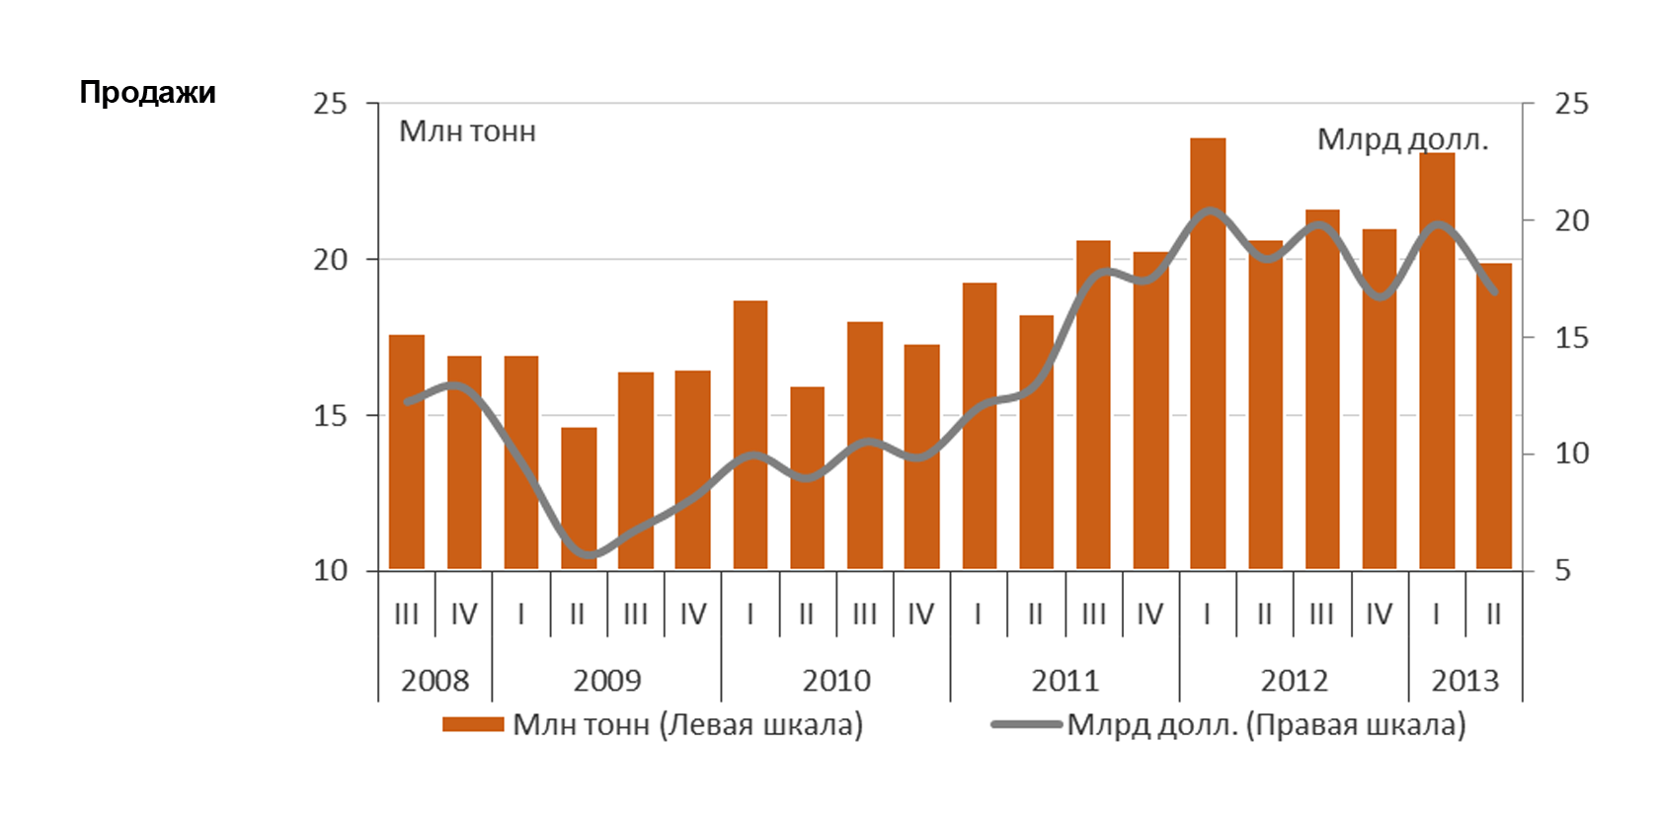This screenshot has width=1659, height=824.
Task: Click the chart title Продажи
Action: click(147, 93)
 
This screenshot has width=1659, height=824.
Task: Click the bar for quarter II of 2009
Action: click(579, 498)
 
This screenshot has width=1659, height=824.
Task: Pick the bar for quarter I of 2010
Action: click(750, 435)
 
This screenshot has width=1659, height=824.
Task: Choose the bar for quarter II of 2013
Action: click(1494, 416)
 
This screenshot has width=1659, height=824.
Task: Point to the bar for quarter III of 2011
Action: click(1093, 404)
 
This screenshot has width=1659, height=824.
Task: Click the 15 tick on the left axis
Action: click(331, 416)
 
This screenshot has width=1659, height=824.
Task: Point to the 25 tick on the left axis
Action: click(331, 104)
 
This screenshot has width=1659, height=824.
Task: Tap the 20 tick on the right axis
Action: click(1571, 220)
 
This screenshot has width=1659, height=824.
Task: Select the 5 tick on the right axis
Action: click(1562, 571)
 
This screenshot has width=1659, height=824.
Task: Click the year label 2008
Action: click(434, 681)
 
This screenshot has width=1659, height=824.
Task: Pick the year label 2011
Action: click(1065, 681)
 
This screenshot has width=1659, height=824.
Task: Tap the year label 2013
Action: click(1464, 681)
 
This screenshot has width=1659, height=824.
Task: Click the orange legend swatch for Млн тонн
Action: click(473, 725)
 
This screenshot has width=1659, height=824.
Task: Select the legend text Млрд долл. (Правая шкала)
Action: click(1266, 725)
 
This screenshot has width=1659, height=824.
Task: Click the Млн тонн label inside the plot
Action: click(467, 131)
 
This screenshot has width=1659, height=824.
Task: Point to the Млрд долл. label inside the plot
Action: click(1402, 139)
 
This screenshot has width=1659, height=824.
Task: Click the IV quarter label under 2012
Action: click(1379, 615)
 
